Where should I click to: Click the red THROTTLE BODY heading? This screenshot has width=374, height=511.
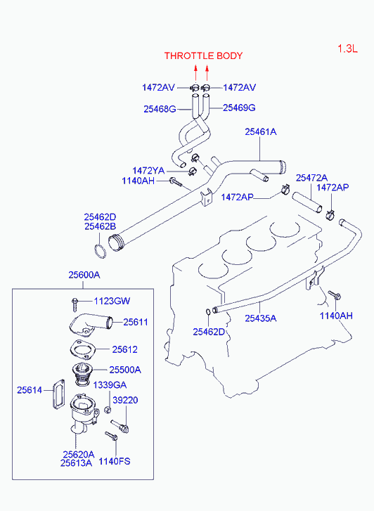[203, 56]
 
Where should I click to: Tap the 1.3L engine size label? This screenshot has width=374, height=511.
[347, 49]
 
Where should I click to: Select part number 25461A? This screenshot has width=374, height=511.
[261, 131]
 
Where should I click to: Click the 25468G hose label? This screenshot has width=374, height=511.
[160, 109]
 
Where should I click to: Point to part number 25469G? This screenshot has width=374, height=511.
[239, 108]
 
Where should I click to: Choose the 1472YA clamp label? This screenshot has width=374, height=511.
[148, 171]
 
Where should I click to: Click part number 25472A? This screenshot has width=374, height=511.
[311, 178]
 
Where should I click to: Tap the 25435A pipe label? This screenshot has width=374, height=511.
[261, 318]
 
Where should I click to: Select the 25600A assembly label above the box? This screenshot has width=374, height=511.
[84, 275]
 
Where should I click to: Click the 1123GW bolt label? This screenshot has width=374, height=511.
[112, 301]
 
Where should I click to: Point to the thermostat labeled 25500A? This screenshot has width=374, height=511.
[82, 375]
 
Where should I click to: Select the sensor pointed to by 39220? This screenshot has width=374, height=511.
[120, 426]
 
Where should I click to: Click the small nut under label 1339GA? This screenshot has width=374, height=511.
[108, 410]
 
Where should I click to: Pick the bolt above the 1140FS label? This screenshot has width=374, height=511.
[111, 436]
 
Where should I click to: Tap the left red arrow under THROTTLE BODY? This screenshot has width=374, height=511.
[195, 72]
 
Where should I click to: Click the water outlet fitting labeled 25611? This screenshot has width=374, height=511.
[91, 323]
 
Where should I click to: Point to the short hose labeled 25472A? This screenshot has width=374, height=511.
[307, 202]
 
